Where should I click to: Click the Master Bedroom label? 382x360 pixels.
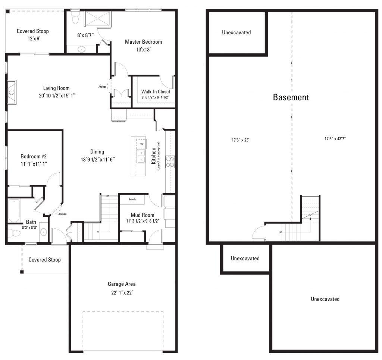[143, 42]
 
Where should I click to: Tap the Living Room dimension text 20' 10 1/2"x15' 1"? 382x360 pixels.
[56, 96]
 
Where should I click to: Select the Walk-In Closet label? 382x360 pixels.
[156, 91]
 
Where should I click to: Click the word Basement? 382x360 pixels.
[291, 97]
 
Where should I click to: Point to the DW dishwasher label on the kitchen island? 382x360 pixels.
[141, 144]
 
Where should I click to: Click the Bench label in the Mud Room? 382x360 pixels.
[132, 200]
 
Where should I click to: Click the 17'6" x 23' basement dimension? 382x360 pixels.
[240, 140]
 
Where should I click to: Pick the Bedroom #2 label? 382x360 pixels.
[34, 156]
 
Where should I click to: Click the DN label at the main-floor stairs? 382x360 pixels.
[108, 195]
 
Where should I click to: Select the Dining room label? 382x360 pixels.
[97, 151]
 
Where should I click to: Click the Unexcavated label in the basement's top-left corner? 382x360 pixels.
[236, 32]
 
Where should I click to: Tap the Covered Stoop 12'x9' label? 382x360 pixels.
[33, 34]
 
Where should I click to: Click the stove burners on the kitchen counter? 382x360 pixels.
[170, 161]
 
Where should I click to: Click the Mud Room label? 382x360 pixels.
[142, 215]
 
